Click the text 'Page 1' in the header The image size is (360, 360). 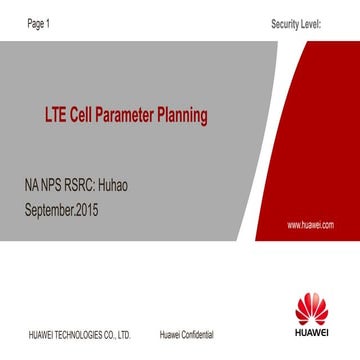pyautogui.click(x=38, y=22)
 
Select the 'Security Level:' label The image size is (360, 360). pyautogui.click(x=295, y=22)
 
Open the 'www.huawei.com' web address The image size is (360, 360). pyautogui.click(x=310, y=226)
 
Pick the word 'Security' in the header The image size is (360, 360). pyautogui.click(x=284, y=22)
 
